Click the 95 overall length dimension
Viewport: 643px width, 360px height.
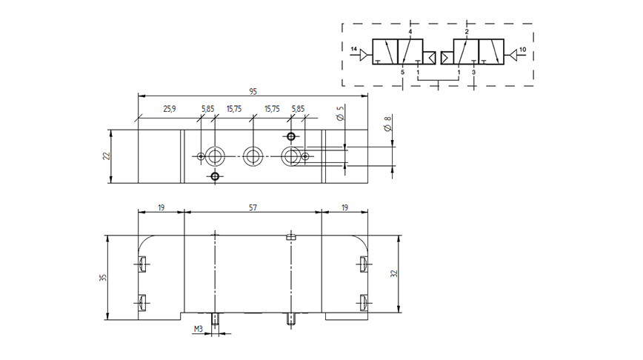tap(253, 91)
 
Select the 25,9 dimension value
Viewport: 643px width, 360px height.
tap(170, 109)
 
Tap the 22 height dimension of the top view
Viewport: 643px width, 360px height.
tap(107, 156)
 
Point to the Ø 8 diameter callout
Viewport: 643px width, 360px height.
tap(388, 124)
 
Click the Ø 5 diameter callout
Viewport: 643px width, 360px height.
tap(340, 113)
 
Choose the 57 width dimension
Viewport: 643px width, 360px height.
tap(253, 207)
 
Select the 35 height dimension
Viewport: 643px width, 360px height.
tap(103, 278)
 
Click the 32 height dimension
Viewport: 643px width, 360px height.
tap(394, 273)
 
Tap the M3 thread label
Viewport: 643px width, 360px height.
tap(199, 329)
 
